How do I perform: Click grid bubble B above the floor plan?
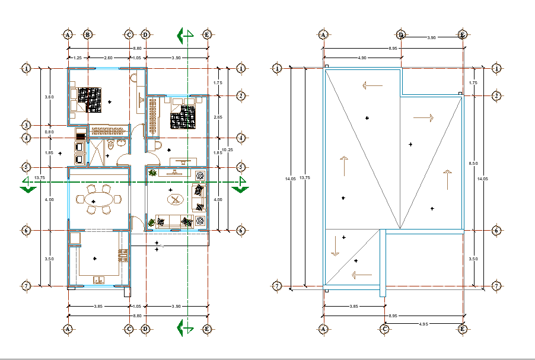click(88, 35)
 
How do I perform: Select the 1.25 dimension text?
click(78, 58)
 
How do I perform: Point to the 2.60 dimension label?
click(108, 58)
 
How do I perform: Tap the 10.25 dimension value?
click(227, 149)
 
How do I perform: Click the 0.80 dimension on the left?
click(50, 132)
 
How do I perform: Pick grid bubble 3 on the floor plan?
click(26, 125)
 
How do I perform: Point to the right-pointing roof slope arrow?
click(423, 118)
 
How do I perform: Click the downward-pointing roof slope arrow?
click(335, 245)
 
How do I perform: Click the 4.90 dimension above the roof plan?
click(362, 58)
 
